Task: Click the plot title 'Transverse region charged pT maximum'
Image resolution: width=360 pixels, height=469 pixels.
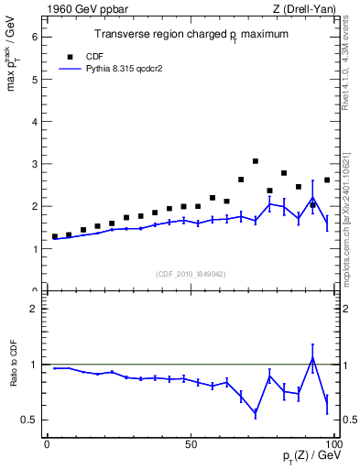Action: [191, 34]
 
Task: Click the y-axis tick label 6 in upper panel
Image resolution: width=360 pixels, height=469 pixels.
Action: [34, 37]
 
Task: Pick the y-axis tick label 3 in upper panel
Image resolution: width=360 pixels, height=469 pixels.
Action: [34, 164]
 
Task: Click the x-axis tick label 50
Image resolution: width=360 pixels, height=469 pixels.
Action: [191, 444]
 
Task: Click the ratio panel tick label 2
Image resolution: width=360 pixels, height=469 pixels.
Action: [34, 309]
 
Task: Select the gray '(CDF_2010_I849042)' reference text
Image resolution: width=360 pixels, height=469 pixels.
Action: [191, 274]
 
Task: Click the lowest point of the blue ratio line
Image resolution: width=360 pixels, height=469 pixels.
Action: [256, 415]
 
